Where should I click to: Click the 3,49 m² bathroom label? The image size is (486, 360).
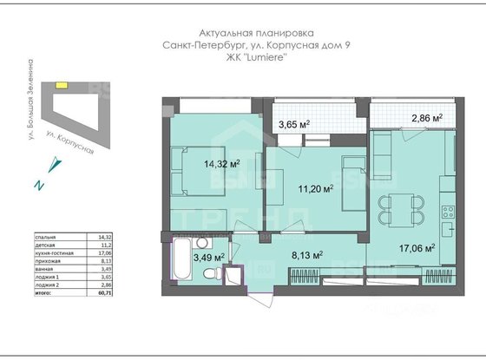click(208, 257)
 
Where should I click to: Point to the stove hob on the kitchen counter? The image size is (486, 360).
click(450, 211)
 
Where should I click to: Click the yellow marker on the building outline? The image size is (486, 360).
click(61, 85)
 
